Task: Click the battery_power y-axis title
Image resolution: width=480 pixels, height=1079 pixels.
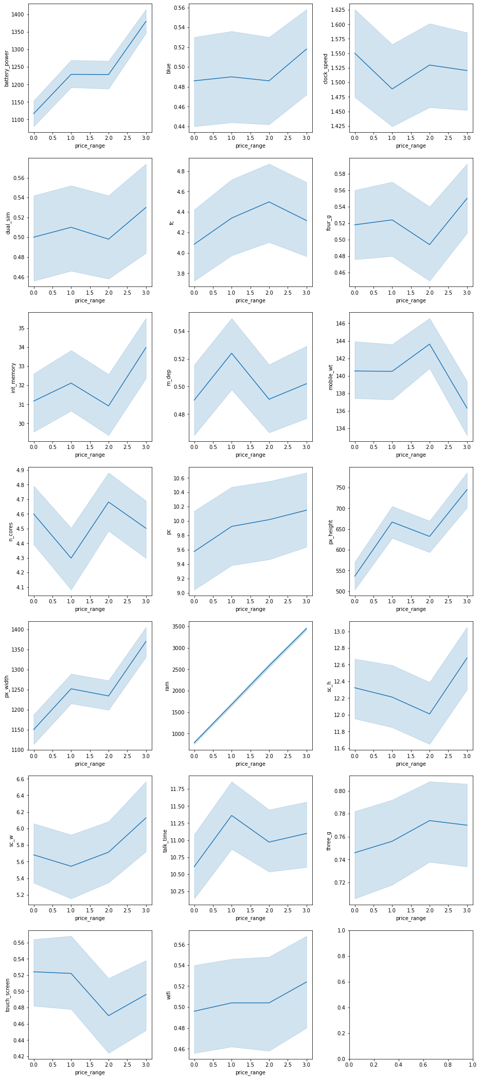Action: [x=7, y=68]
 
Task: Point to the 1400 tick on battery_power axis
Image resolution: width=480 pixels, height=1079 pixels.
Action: [x=16, y=14]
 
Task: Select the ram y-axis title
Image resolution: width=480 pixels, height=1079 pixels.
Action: [x=167, y=686]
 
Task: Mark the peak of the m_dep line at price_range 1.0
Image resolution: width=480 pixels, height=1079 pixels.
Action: [x=232, y=353]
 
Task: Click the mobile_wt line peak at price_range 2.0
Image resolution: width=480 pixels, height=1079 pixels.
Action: [x=430, y=344]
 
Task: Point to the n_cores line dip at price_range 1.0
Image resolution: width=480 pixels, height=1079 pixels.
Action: [x=71, y=558]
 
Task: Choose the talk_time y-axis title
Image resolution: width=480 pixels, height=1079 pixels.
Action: [x=165, y=840]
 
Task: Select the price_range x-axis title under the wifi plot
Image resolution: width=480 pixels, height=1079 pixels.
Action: [x=251, y=1072]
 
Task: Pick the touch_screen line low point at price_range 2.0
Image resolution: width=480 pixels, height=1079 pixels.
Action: [x=109, y=1016]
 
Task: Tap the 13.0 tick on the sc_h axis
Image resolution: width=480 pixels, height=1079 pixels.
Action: [x=339, y=632]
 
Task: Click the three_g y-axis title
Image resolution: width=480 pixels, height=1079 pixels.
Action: [x=328, y=840]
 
